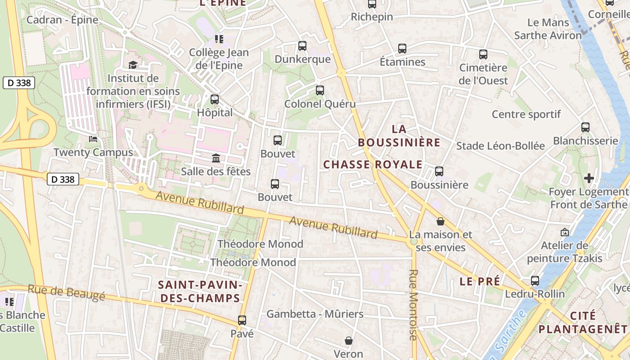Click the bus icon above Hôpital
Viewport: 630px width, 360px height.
point(215,99)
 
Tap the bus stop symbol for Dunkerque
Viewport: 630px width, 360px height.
point(302,46)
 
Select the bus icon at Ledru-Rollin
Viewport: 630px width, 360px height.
point(535,281)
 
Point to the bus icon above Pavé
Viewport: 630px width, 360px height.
point(242,320)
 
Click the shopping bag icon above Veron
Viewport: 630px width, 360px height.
point(348,341)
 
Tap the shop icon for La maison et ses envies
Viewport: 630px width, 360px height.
point(441,221)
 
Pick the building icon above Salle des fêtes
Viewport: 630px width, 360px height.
point(216,158)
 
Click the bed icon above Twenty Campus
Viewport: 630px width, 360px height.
point(93,139)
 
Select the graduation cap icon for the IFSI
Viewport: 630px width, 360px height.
point(133,65)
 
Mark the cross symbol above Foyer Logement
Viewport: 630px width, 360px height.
point(589,178)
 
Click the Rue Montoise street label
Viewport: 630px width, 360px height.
point(414,305)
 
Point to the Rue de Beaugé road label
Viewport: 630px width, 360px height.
point(66,292)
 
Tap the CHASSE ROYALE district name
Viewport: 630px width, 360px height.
point(373,165)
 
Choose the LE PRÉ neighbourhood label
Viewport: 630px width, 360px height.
point(480,282)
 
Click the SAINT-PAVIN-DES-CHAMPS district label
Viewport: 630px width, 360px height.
point(200,292)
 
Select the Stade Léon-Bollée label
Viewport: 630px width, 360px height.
point(500,146)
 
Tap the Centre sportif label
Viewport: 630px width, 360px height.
point(526,114)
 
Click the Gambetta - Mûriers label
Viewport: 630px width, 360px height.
point(315,314)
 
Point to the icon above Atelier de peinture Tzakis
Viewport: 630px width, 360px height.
point(564,233)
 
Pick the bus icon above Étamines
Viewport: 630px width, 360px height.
point(402,49)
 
